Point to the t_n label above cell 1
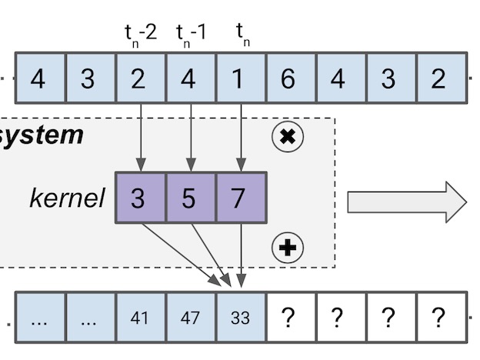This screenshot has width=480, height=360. (242, 35)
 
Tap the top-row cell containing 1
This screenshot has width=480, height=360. (240, 78)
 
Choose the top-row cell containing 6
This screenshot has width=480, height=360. (290, 78)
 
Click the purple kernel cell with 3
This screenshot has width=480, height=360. (139, 198)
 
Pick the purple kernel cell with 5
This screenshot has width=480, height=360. (189, 198)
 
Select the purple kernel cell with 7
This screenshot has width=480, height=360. (239, 198)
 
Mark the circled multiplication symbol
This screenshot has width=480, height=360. (288, 137)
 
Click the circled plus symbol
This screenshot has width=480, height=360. (288, 247)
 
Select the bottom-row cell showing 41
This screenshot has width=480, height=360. (140, 317)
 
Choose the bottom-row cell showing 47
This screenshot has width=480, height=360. (190, 317)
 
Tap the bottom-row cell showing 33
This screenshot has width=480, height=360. (240, 317)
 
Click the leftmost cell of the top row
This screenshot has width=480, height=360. (39, 78)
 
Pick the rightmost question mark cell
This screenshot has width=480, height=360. (439, 317)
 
